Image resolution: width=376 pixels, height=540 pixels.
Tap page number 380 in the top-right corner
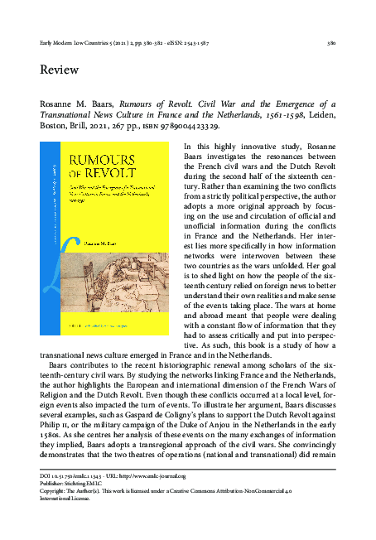(x=330, y=41)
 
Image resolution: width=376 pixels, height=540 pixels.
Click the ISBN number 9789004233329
(x=183, y=128)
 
